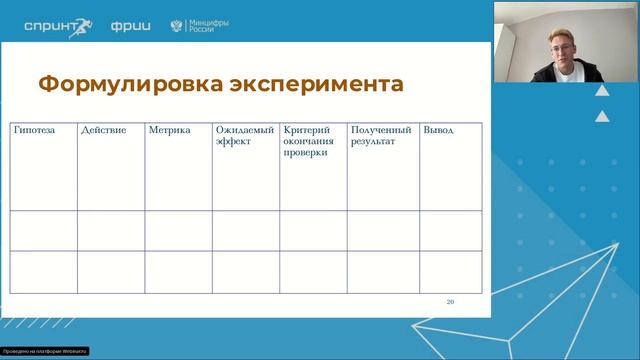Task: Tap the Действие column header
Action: (103, 131)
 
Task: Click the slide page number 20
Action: (450, 301)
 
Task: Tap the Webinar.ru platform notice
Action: (45, 351)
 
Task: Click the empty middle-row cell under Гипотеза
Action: (43, 231)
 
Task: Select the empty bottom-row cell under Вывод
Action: (450, 271)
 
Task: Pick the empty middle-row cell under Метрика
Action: (178, 231)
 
